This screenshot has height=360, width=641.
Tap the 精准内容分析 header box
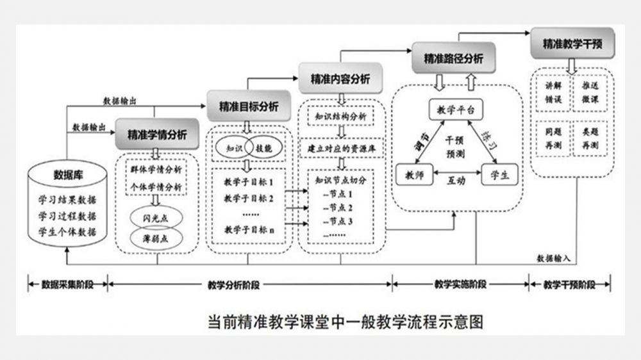click(x=340, y=79)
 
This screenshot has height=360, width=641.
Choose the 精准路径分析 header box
click(x=453, y=58)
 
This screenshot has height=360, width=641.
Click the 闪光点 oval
click(x=157, y=217)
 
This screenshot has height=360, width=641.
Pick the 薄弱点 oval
click(x=157, y=239)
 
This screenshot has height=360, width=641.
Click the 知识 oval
click(x=232, y=147)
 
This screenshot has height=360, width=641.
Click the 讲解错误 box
click(x=553, y=91)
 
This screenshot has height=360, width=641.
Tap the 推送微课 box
click(x=590, y=91)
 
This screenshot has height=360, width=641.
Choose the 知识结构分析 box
click(x=341, y=117)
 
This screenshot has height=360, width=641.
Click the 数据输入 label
click(x=554, y=258)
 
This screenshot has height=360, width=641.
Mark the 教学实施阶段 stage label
click(x=460, y=283)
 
